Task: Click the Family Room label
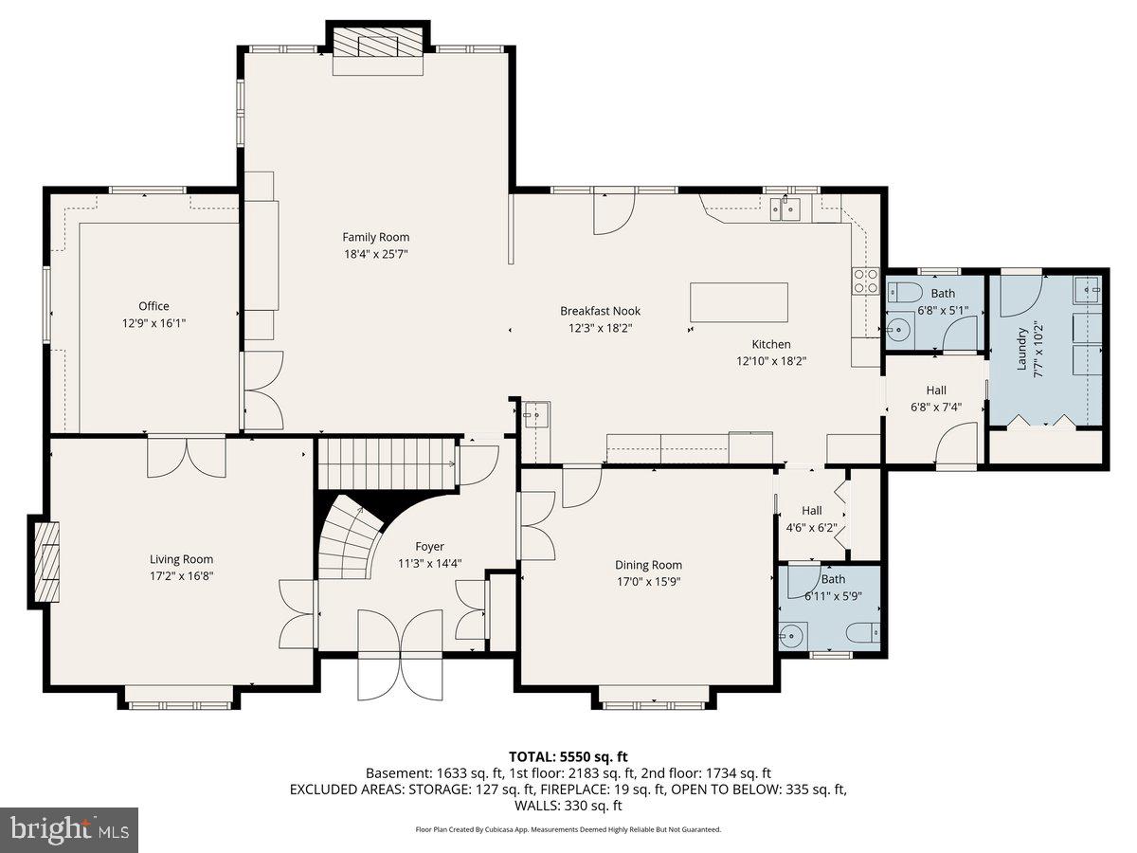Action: pyautogui.click(x=376, y=237)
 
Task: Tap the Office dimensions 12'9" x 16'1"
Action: pyautogui.click(x=153, y=323)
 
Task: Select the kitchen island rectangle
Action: pyautogui.click(x=739, y=302)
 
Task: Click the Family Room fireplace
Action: pyautogui.click(x=378, y=43)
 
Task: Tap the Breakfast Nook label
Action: pyautogui.click(x=600, y=311)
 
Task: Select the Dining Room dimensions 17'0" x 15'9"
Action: pyautogui.click(x=648, y=582)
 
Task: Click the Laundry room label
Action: pyautogui.click(x=1022, y=349)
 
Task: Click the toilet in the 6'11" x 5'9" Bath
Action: pyautogui.click(x=864, y=632)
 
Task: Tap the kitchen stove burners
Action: pyautogui.click(x=866, y=281)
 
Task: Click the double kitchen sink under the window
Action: pyautogui.click(x=785, y=209)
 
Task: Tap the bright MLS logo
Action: pyautogui.click(x=69, y=830)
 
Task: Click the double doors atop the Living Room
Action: pyautogui.click(x=187, y=456)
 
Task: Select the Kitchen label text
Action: pyautogui.click(x=771, y=344)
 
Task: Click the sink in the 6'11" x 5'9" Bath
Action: pyautogui.click(x=791, y=635)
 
